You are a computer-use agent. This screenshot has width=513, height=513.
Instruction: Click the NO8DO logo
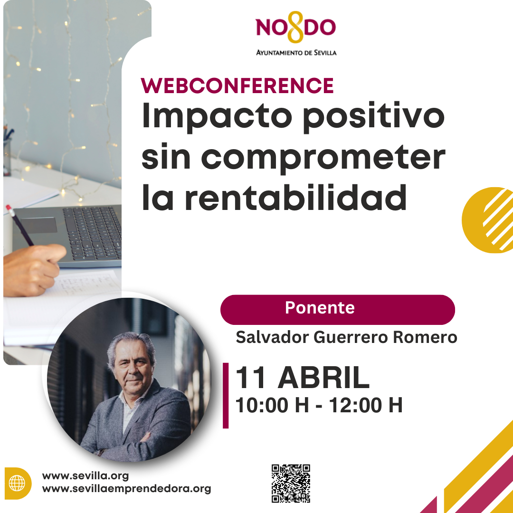296,27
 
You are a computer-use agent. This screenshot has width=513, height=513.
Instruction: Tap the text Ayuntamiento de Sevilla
296,53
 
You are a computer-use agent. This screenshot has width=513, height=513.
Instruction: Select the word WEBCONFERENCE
237,85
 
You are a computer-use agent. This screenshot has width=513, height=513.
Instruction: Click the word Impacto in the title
217,117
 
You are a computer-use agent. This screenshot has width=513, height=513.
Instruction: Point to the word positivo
374,117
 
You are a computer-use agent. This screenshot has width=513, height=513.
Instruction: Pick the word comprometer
323,158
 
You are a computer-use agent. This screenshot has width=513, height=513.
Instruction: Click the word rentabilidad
296,197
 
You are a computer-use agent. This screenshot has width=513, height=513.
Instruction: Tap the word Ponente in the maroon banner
320,307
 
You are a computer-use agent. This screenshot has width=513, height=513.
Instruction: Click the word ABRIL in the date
323,378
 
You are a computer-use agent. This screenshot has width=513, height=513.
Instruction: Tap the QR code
291,483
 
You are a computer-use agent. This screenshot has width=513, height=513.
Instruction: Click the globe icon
17,483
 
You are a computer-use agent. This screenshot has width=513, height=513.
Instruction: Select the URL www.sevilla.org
85,475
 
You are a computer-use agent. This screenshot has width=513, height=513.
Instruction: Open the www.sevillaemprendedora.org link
127,489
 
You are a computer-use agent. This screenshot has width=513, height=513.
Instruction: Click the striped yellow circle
487,220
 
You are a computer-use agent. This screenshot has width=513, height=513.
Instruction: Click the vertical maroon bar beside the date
226,396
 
